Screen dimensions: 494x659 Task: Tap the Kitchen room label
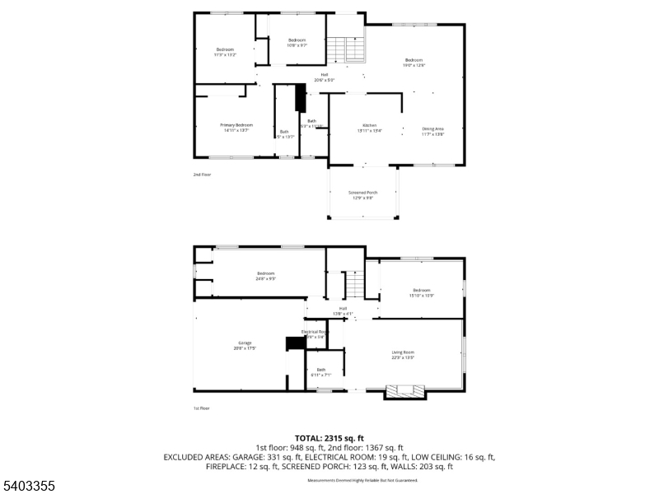point(369,125)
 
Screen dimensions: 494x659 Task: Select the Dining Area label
point(433,128)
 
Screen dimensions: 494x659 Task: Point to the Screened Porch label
point(363,193)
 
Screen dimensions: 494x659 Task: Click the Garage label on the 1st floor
point(245,343)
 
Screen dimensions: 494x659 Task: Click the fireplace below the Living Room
point(405,391)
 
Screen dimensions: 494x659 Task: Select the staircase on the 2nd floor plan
point(346,50)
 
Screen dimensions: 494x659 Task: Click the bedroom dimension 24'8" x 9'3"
point(265,279)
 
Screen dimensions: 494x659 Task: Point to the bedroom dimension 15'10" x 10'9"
point(422,295)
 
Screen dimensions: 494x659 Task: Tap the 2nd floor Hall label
point(325,76)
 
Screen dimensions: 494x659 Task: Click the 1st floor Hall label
point(343,309)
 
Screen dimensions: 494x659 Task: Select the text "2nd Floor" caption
point(202,175)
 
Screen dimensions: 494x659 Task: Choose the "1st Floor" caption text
point(202,408)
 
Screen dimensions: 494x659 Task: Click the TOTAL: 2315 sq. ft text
point(329,438)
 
